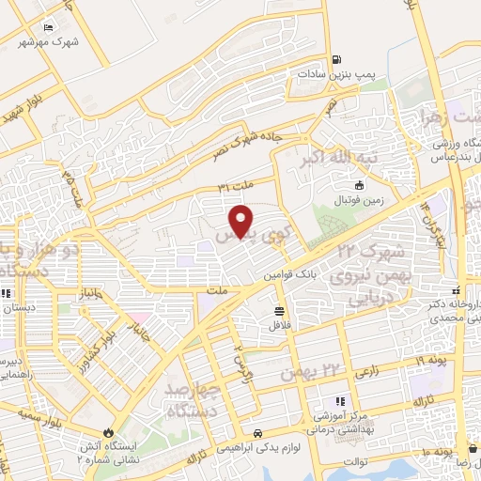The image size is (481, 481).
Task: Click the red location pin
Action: [242, 221]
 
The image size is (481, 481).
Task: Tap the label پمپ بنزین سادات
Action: [326, 72]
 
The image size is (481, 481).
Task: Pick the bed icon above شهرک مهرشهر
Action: [50, 25]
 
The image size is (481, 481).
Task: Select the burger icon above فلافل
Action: [280, 310]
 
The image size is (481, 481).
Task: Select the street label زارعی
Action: [367, 372]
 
